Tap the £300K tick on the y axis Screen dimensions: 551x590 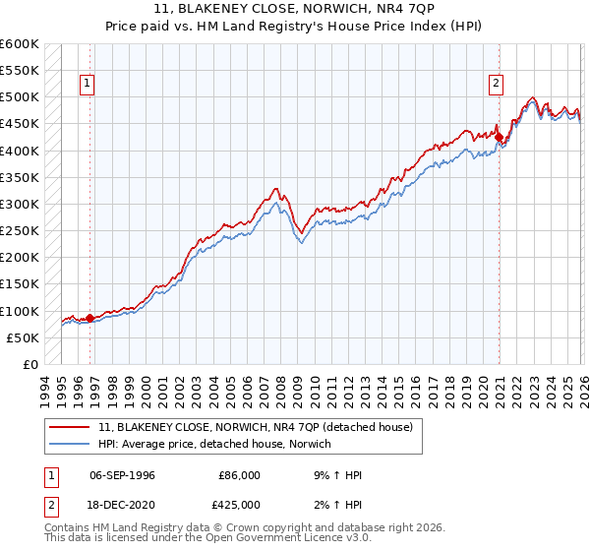(20, 204)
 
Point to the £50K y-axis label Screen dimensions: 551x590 (23, 337)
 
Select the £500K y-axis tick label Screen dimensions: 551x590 (20, 97)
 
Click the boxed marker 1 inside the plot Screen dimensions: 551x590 (88, 85)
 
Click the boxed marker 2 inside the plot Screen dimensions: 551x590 (497, 85)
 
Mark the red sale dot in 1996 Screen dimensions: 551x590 (89, 318)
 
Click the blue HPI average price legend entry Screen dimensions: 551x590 (214, 445)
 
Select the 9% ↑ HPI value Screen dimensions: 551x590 (339, 475)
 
